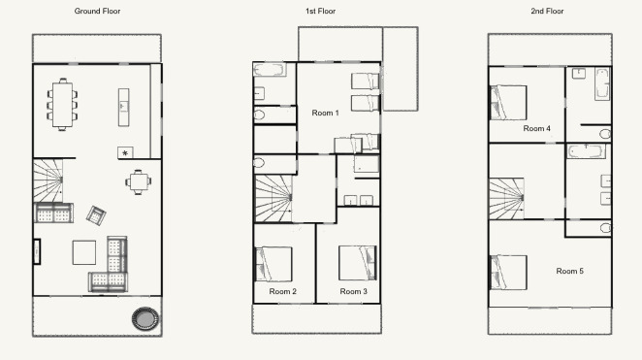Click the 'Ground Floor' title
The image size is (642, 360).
(x=97, y=11)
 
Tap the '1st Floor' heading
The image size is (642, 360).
(x=320, y=11)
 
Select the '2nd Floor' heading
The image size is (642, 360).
(x=547, y=11)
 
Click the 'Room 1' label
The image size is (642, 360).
(x=326, y=113)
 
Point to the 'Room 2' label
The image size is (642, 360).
(x=282, y=291)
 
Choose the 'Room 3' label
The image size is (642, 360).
(x=353, y=291)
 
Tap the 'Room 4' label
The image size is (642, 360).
(x=536, y=128)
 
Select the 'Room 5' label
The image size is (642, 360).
(x=569, y=271)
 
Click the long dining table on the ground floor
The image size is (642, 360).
(x=62, y=105)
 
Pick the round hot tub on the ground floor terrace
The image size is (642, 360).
(x=145, y=318)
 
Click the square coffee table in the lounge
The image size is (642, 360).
(x=84, y=252)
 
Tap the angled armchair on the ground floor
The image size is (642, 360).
(x=96, y=215)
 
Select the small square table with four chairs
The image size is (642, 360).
(x=139, y=181)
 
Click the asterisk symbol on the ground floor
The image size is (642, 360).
(x=125, y=153)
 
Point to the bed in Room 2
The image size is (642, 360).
(x=273, y=264)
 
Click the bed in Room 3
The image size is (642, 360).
(x=358, y=263)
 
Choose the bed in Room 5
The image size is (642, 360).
(x=508, y=273)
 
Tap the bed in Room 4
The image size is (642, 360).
(x=508, y=103)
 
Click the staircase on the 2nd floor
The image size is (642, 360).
(x=506, y=199)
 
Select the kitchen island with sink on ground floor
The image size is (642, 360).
(x=124, y=108)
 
